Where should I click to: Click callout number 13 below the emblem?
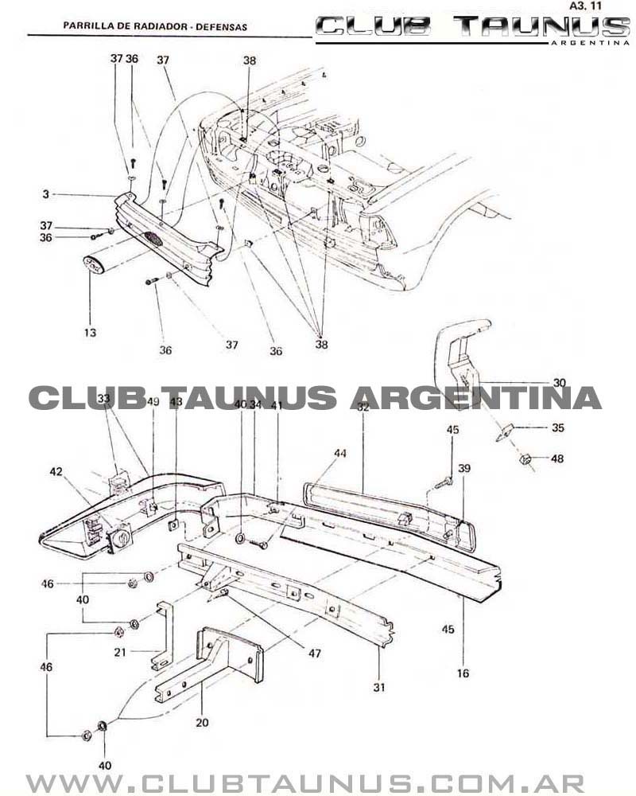pyautogui.click(x=90, y=333)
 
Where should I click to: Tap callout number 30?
pyautogui.click(x=560, y=383)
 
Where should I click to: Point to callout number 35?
pyautogui.click(x=558, y=427)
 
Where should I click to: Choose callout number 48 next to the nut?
pyautogui.click(x=558, y=458)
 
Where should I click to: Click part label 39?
pyautogui.click(x=463, y=469)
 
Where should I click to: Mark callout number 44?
pyautogui.click(x=340, y=453)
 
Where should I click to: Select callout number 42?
pyautogui.click(x=56, y=472)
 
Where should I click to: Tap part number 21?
pyautogui.click(x=120, y=652)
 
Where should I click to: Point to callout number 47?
pyautogui.click(x=315, y=654)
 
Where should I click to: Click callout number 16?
pyautogui.click(x=463, y=673)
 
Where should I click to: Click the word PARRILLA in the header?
pyautogui.click(x=85, y=27)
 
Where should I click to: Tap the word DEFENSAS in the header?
pyautogui.click(x=223, y=27)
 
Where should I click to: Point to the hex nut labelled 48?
pyautogui.click(x=525, y=459)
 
